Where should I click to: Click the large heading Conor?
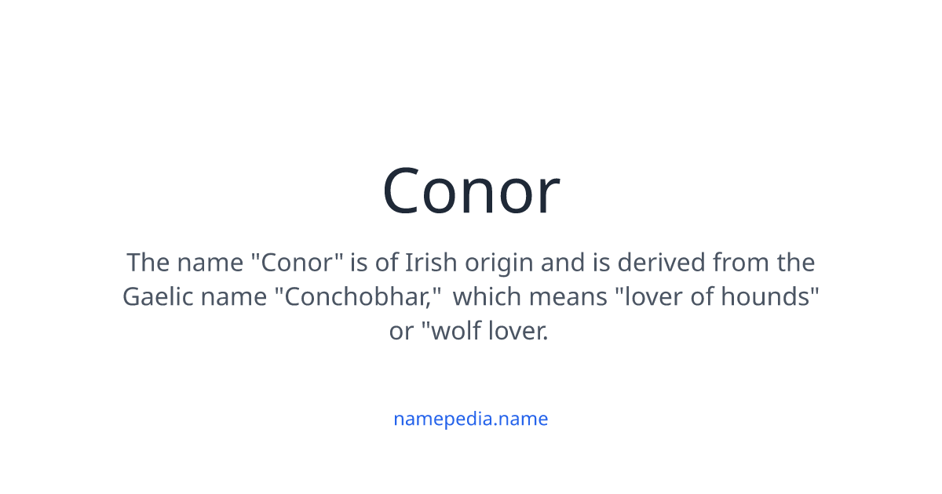click(471, 191)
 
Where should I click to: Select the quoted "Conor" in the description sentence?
click(298, 262)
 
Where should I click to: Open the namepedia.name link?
click(471, 419)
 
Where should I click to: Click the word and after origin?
click(563, 262)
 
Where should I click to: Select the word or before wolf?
click(400, 332)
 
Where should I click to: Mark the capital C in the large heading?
click(405, 191)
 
